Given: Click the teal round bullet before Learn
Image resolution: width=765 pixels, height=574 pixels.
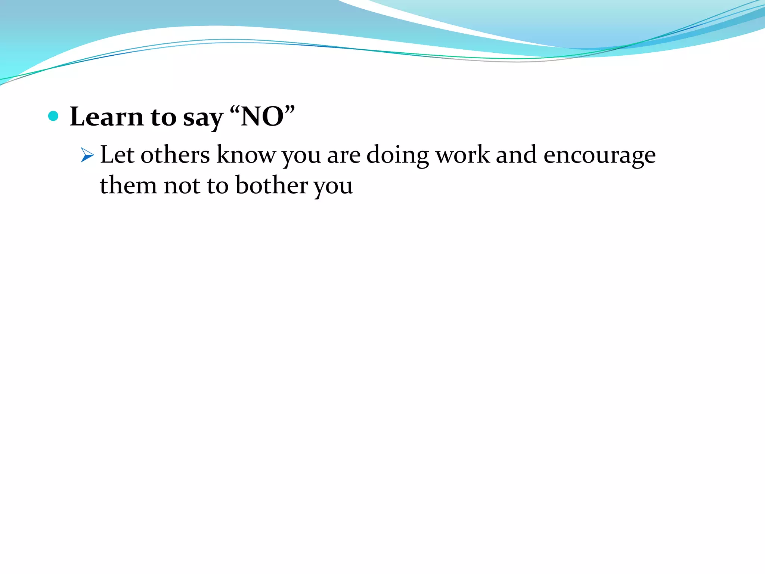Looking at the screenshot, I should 53,116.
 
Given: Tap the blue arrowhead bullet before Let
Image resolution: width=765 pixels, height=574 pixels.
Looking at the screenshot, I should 87,155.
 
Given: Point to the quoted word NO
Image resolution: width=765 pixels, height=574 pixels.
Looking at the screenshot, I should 262,117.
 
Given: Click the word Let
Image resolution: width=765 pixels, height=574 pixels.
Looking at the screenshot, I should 117,154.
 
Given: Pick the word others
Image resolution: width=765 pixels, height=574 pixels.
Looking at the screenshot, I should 175,154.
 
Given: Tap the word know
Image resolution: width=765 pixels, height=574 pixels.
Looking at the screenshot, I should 246,154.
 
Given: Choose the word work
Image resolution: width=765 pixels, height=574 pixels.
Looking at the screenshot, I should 462,154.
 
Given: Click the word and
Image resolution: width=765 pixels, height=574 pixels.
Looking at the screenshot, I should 516,154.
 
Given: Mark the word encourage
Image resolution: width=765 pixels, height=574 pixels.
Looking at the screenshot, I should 599,156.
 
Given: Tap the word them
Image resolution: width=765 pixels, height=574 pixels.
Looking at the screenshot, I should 128,185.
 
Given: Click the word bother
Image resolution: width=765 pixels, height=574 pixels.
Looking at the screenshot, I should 272,185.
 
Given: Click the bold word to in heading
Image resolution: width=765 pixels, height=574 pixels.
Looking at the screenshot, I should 163,117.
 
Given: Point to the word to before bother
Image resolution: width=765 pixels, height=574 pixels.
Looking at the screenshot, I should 217,186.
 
